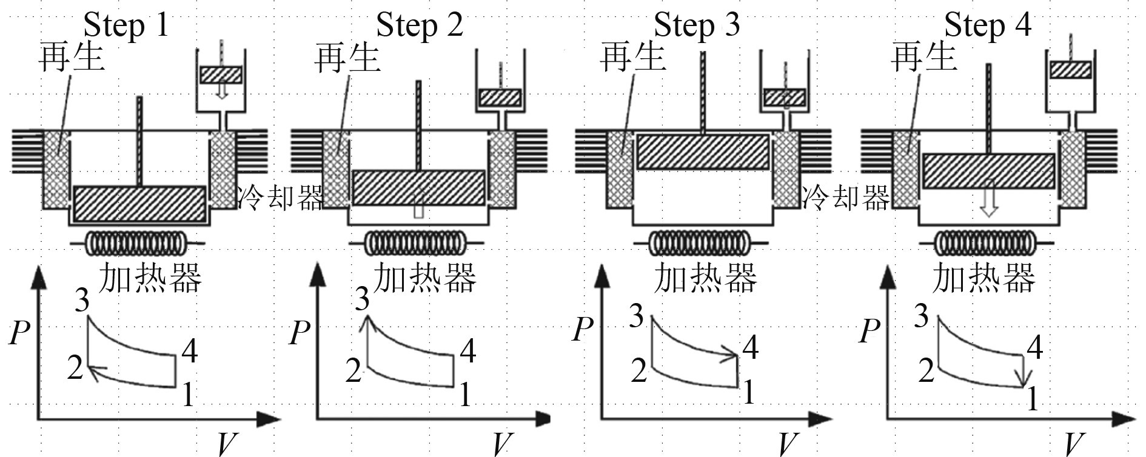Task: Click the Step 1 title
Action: [x=126, y=25]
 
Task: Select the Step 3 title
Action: [x=697, y=25]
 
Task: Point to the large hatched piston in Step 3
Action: [x=702, y=152]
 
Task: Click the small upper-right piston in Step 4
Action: [x=1070, y=70]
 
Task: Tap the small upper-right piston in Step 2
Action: [x=500, y=98]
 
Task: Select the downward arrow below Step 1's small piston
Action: [x=222, y=90]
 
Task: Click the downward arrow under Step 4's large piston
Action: [x=989, y=206]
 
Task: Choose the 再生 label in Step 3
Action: [x=632, y=57]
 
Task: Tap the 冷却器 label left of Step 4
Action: [x=846, y=197]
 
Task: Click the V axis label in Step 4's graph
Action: [x=1074, y=444]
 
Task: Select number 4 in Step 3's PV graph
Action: [x=751, y=347]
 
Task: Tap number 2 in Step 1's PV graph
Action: [x=75, y=367]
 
